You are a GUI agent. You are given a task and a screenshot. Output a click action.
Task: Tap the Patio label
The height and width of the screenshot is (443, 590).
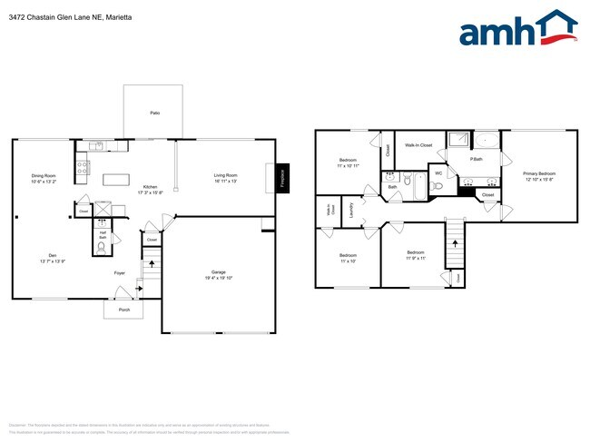click(x=155, y=113)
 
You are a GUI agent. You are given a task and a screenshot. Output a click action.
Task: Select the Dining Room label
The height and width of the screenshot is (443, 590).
click(x=44, y=178)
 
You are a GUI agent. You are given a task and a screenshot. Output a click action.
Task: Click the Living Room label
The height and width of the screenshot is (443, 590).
click(x=225, y=178)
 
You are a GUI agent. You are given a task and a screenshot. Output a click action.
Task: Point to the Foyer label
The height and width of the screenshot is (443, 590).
click(x=119, y=272)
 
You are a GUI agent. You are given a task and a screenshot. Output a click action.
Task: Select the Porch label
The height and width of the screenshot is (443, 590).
click(x=123, y=310)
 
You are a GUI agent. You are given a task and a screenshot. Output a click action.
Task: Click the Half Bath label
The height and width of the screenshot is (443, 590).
click(x=103, y=234)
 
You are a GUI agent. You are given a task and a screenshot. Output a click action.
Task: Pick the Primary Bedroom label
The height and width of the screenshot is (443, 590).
click(x=539, y=175)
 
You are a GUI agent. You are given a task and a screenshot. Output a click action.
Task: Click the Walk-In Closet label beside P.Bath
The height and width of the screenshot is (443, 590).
click(x=418, y=145)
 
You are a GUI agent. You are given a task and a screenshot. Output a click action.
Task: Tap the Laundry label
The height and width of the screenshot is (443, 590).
click(x=351, y=211)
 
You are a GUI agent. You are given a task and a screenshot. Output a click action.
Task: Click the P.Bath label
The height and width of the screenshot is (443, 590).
click(x=476, y=160)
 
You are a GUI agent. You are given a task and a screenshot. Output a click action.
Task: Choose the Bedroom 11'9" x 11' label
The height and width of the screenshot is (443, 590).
click(x=415, y=254)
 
